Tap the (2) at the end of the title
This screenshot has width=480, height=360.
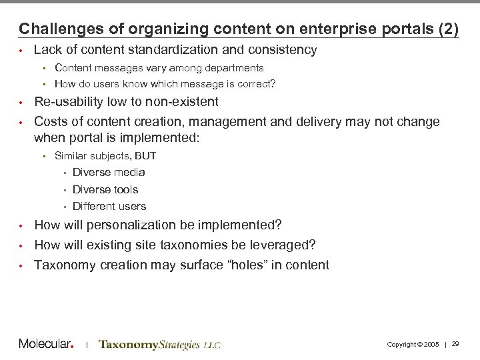pyautogui.click(x=447, y=29)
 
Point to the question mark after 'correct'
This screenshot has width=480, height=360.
pyautogui.click(x=275, y=85)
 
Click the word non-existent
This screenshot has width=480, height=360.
pyautogui.click(x=181, y=102)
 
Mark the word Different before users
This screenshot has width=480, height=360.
pyautogui.click(x=94, y=207)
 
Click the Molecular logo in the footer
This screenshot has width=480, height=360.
pyautogui.click(x=47, y=344)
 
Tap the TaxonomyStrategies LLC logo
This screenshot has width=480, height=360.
pyautogui.click(x=159, y=345)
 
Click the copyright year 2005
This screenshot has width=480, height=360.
pyautogui.click(x=432, y=345)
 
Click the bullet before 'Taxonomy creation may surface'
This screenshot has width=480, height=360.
pyautogui.click(x=21, y=265)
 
